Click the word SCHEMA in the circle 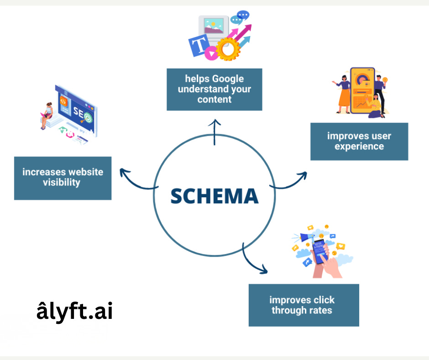pos(214,196)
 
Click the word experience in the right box pos(359,146)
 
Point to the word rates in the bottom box pos(320,311)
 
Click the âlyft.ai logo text pos(74,312)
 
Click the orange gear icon pos(227,49)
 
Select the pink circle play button pos(211,54)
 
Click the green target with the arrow pos(87,117)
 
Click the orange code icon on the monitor pos(64,100)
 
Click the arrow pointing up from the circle pos(214,132)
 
